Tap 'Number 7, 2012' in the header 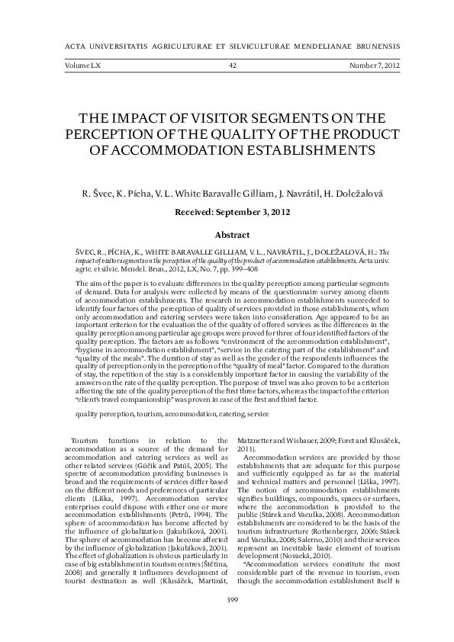[x=374, y=66]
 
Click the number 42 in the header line [x=233, y=66]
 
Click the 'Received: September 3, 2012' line [x=233, y=213]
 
